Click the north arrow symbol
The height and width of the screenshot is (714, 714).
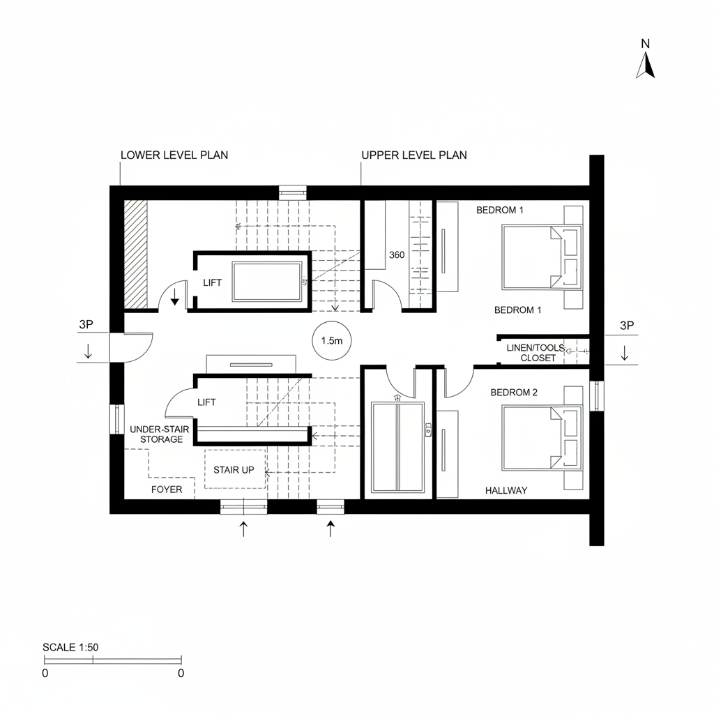pos(645,66)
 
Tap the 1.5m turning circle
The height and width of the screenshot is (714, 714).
pos(331,340)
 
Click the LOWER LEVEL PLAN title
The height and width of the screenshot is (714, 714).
pos(174,155)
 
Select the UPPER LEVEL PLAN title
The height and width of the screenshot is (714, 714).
pos(414,155)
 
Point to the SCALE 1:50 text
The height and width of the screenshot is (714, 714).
pos(70,647)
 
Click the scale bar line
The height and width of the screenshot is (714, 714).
pos(113,660)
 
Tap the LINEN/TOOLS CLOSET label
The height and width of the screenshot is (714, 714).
pos(536,353)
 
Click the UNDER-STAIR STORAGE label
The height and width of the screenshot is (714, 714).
pos(160,434)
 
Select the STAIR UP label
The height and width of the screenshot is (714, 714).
pos(234,470)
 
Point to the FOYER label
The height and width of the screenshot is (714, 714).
pos(167,489)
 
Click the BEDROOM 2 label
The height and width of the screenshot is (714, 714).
pos(514,392)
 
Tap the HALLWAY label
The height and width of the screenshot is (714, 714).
pos(506,490)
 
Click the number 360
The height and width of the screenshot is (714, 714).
pos(397,255)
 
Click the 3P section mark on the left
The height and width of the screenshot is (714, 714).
pos(86,324)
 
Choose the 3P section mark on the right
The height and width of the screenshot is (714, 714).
pos(627,325)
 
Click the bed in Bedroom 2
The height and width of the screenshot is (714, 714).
pos(542,438)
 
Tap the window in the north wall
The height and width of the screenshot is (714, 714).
pos(292,192)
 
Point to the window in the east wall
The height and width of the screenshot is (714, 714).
pos(597,396)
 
